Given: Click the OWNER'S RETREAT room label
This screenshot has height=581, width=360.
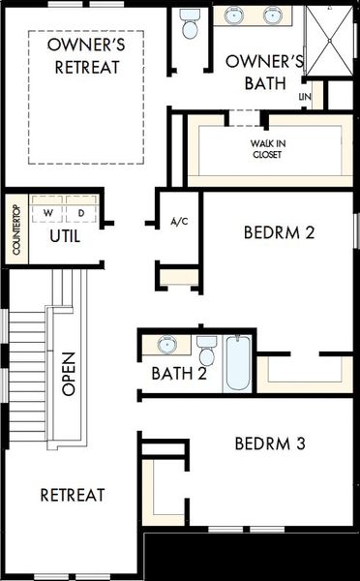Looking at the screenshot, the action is click(x=87, y=56).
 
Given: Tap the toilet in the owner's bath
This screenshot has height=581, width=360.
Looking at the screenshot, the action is click(x=190, y=23).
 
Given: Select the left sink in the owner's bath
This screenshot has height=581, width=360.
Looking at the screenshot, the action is click(x=233, y=15).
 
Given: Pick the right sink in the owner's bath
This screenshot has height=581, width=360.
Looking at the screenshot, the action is click(x=273, y=15).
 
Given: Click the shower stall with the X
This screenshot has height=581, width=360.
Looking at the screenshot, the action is click(x=329, y=41).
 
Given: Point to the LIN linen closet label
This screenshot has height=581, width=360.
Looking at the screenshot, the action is click(x=305, y=97).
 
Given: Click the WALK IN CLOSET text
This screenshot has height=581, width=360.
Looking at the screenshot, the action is click(x=267, y=149).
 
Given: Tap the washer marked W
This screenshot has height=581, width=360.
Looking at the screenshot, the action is click(x=47, y=213).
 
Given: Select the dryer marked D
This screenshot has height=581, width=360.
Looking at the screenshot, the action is click(x=81, y=213).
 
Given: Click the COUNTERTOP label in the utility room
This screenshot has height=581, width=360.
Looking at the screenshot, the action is click(x=16, y=229).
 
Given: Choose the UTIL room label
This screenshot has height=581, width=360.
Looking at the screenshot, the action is click(x=65, y=236).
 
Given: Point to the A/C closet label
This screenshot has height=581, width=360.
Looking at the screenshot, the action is click(x=180, y=222).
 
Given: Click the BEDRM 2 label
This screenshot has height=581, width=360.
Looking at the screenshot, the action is click(x=280, y=232).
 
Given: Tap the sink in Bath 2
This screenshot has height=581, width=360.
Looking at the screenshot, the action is click(x=167, y=345).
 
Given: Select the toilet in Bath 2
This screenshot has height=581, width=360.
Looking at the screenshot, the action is click(x=207, y=351).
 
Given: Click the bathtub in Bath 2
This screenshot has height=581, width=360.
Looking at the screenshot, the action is click(x=238, y=362).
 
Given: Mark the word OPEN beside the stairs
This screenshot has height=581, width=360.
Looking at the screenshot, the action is click(x=69, y=374).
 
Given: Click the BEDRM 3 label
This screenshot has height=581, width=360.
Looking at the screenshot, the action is click(x=270, y=443).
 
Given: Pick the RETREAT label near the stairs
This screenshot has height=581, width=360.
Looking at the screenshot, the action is click(x=73, y=495).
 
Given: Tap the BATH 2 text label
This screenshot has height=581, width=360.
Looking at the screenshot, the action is click(x=179, y=374).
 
